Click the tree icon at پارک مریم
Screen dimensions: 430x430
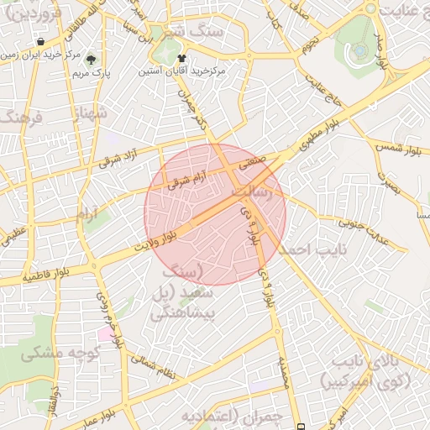pos(91,60)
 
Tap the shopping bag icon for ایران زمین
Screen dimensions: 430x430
pos(40,41)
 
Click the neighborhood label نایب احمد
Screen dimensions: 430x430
pos(311,250)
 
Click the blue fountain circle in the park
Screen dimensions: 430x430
pos(359,50)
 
